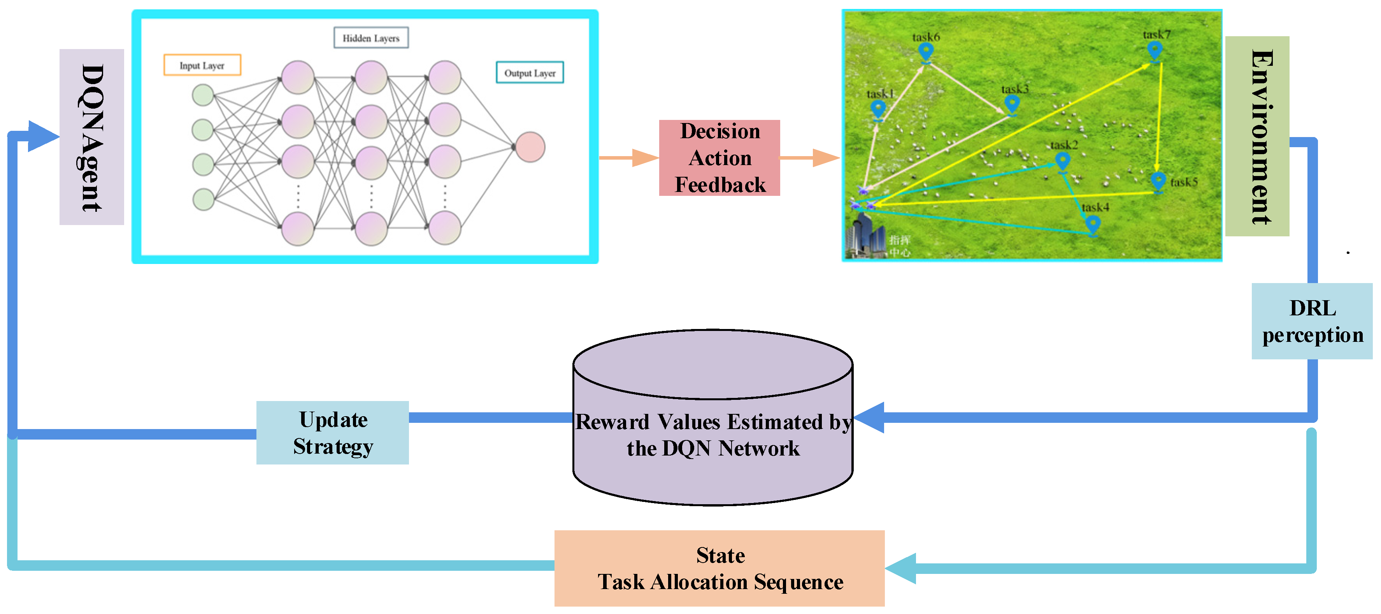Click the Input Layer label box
pos(202,65)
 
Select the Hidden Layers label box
pos(371,38)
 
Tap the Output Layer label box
pos(530,73)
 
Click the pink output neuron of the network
pos(530,147)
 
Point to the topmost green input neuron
pos(203,95)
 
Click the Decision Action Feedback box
pos(719,158)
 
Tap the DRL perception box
pos(1311,321)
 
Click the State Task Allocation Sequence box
pos(719,568)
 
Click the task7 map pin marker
pos(1155,50)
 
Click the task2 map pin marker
pos(1062,160)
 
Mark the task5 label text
pos(1183,182)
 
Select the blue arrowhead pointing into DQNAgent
pos(42,136)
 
